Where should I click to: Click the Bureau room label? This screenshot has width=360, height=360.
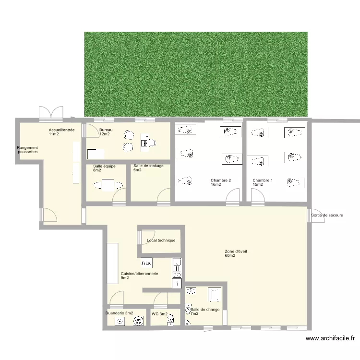pyautogui.click(x=106, y=132)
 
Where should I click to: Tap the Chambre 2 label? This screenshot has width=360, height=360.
pyautogui.click(x=221, y=182)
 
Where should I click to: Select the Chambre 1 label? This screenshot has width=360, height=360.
pyautogui.click(x=263, y=182)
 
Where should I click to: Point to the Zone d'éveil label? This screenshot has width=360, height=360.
pyautogui.click(x=236, y=253)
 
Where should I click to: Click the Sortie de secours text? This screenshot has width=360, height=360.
pyautogui.click(x=327, y=215)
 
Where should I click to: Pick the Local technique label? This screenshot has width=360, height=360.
pyautogui.click(x=161, y=240)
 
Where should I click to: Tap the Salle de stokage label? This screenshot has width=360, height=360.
pyautogui.click(x=148, y=168)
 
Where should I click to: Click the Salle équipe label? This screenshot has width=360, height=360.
pyautogui.click(x=104, y=168)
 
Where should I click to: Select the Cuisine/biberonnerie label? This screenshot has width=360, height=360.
pyautogui.click(x=139, y=276)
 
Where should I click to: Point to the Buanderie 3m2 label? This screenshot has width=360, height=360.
pyautogui.click(x=119, y=313)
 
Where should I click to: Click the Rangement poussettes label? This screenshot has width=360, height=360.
pyautogui.click(x=27, y=150)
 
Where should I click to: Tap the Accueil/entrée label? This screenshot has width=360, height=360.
pyautogui.click(x=61, y=132)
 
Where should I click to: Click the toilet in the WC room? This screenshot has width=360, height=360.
pyautogui.click(x=170, y=320)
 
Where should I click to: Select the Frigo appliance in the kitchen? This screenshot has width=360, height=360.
pyautogui.click(x=146, y=263)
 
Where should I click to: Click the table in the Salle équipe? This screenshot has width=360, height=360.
pyautogui.click(x=108, y=185)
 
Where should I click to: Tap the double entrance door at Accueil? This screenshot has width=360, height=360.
pyautogui.click(x=51, y=114)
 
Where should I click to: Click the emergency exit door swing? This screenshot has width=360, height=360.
pyautogui.click(x=316, y=216)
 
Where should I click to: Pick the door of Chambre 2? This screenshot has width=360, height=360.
pyautogui.click(x=233, y=196)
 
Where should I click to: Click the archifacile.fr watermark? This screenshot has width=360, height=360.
pyautogui.click(x=330, y=338)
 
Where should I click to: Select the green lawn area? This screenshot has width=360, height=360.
pyautogui.click(x=196, y=74)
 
